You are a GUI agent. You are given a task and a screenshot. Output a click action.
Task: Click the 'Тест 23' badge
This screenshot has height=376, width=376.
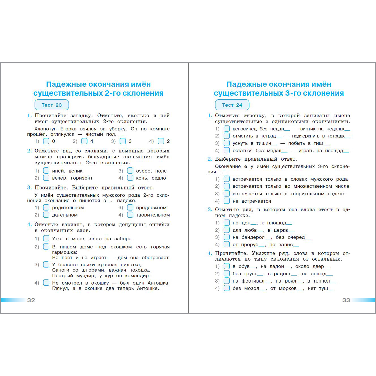[52, 105]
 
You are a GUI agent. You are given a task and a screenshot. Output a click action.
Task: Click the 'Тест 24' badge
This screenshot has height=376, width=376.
[232, 105]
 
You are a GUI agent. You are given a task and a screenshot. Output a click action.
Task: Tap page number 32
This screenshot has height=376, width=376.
[31, 300]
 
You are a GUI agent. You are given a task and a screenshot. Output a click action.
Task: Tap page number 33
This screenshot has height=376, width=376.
[346, 300]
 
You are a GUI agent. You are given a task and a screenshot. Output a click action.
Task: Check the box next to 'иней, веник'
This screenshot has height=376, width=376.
[46, 171]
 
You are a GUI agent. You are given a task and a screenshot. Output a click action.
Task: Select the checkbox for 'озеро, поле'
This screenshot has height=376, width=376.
[130, 171]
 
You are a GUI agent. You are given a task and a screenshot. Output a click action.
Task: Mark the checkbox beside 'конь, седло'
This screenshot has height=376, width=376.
[130, 178]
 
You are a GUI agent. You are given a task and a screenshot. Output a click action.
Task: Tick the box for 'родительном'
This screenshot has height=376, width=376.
[46, 207]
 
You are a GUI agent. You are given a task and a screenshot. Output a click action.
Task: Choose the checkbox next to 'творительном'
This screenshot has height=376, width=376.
[130, 215]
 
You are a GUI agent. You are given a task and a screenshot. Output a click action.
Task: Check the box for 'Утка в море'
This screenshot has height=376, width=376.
[46, 238]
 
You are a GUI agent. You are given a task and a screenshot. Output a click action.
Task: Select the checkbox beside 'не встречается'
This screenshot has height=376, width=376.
[227, 201]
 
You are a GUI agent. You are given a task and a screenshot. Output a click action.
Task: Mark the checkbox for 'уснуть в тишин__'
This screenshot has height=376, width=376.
[227, 143]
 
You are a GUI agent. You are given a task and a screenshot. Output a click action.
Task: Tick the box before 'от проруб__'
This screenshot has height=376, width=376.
[227, 244]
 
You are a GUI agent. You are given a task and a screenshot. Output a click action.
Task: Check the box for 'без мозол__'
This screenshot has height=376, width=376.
[227, 288]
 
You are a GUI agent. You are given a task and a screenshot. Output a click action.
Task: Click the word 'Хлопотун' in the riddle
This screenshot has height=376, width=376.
[45, 129]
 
